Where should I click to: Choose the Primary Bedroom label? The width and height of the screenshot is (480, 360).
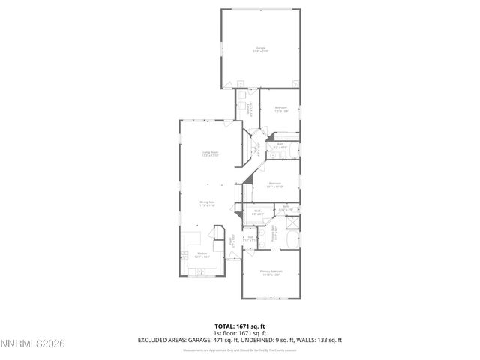[271, 272]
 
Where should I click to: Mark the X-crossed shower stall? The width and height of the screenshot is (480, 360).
[292, 223]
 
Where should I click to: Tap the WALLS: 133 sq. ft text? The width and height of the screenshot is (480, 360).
[319, 340]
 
